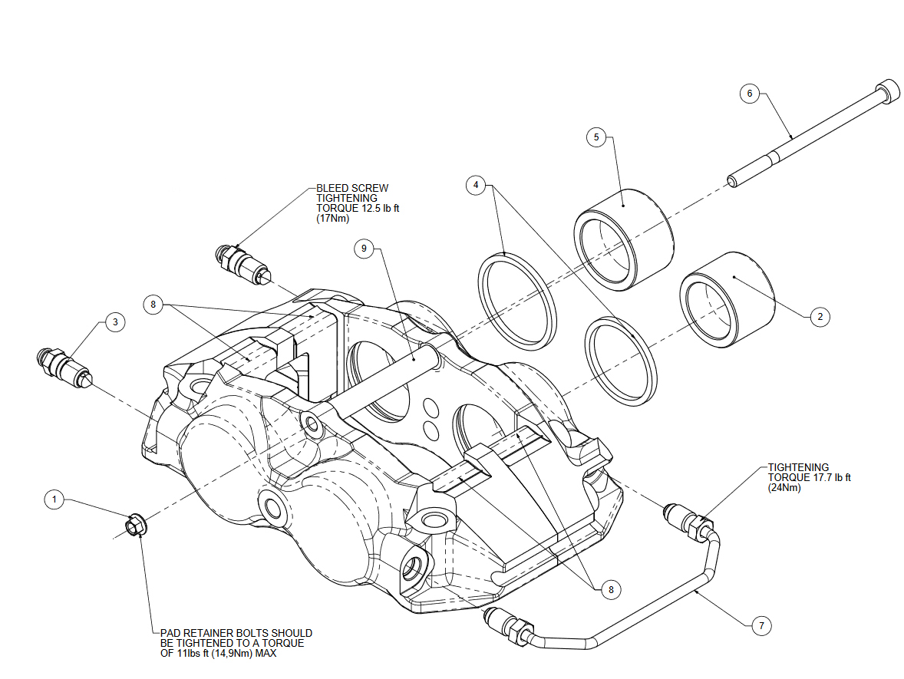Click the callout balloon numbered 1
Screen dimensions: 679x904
point(54,499)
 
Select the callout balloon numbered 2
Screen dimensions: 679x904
point(819,316)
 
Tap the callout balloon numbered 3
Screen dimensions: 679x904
point(115,322)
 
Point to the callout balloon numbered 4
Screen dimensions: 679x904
point(477,185)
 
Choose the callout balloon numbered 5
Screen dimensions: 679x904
point(596,137)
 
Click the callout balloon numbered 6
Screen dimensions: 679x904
point(750,94)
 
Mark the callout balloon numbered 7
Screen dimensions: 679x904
point(760,626)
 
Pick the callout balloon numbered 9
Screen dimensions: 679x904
point(365,248)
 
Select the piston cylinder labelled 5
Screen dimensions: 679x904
point(623,239)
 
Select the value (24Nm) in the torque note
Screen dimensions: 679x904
point(784,488)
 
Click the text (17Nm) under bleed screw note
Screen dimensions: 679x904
point(332,218)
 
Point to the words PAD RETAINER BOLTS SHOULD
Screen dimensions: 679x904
point(236,633)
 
